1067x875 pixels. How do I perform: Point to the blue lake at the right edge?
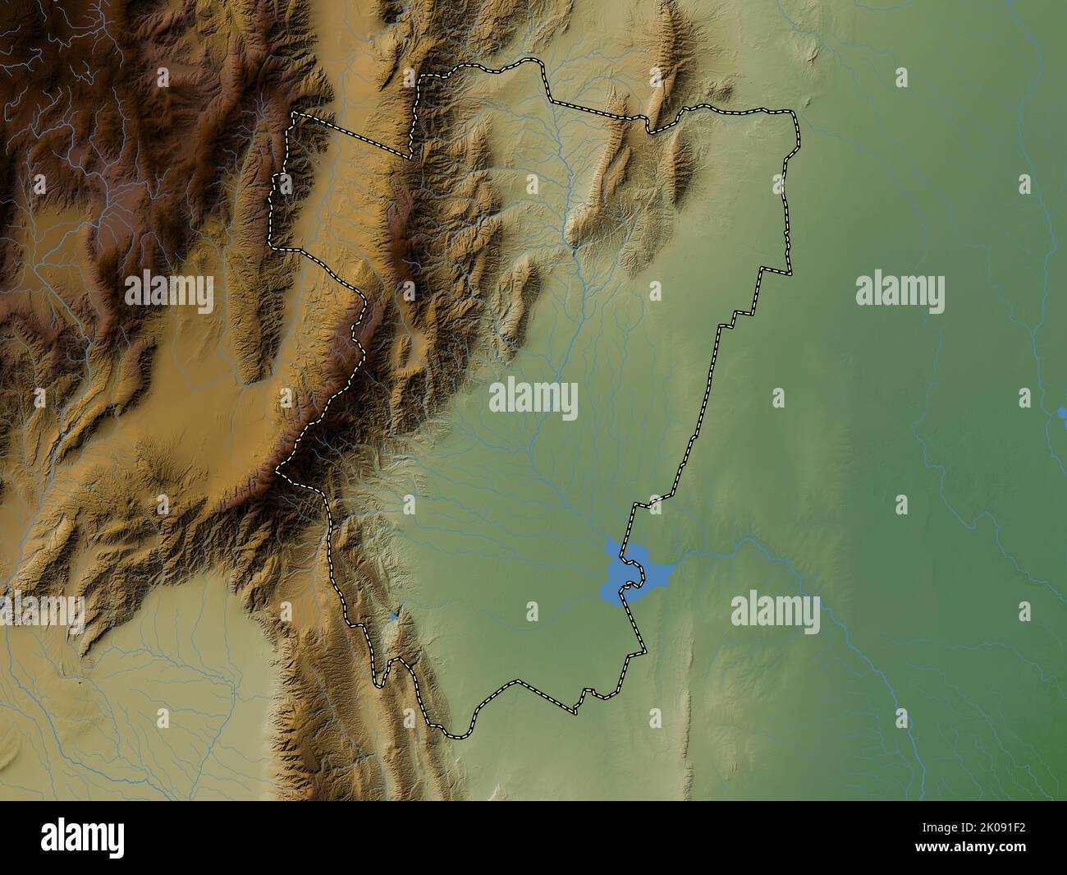pos(1062,411)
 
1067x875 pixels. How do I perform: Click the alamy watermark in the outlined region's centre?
pos(533,400)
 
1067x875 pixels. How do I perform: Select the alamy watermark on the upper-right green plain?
pos(900,293)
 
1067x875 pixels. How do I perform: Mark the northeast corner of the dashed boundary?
pos(793,113)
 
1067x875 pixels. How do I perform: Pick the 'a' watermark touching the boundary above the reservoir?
pos(655,503)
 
